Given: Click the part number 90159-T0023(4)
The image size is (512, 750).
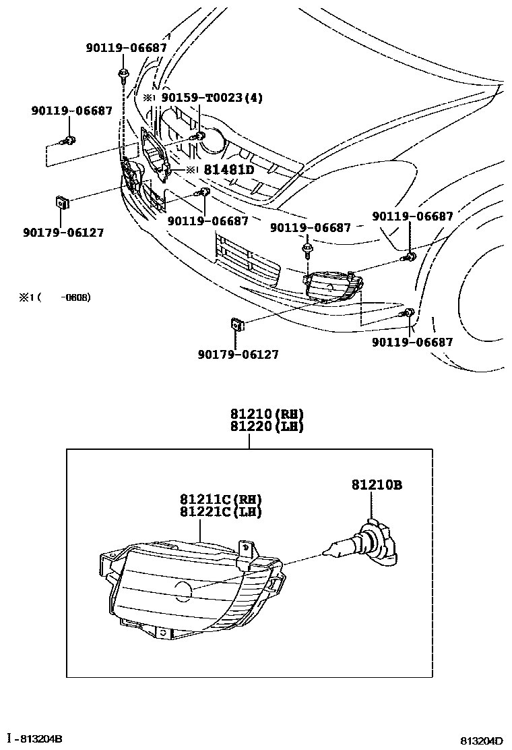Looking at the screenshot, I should coord(211,98).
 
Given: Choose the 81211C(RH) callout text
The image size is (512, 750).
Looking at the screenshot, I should coord(220,500).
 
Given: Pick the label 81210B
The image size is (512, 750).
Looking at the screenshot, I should coord(376,485).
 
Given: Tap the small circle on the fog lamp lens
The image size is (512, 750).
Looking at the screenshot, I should coord(183,592).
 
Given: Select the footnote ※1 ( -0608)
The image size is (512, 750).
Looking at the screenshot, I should coord(55,297).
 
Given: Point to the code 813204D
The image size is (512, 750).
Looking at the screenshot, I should coord(482,741).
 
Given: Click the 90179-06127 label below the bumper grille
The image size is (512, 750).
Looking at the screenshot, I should coord(238,355).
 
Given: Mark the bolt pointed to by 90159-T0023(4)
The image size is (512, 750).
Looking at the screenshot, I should coord(200,138).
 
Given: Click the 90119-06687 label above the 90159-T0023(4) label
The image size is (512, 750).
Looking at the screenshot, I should coord(126,48).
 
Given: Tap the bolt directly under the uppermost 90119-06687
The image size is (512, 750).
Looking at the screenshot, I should coord(123,72).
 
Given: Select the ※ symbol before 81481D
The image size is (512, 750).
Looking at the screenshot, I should coord(191,170).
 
